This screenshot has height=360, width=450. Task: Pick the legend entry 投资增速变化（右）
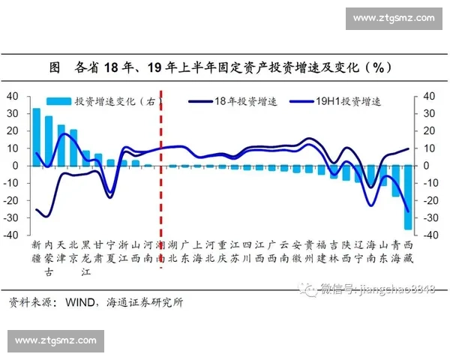pos(109,101)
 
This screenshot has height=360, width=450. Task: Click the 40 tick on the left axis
pos(12,96)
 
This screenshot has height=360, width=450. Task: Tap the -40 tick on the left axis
pos(12,235)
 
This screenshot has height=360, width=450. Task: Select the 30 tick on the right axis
pos(429,113)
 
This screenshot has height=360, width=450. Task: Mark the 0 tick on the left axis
pos(15,166)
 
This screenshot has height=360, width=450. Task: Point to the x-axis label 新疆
pos(36,251)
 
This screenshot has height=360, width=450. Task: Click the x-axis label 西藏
pos(408,251)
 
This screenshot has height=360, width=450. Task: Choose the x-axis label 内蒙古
pos(49,258)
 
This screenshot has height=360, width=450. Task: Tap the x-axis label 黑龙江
pos(85,258)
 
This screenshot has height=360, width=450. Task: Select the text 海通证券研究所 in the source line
pos(145,303)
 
